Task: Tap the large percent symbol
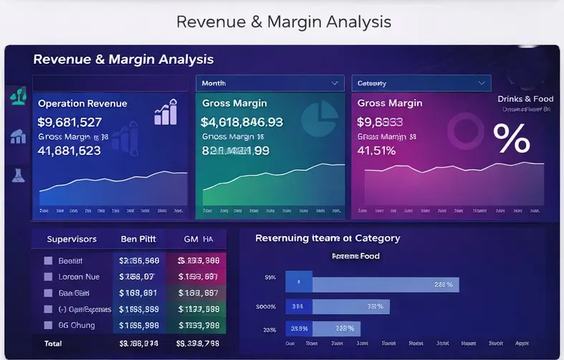[512, 138]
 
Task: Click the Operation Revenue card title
[82, 103]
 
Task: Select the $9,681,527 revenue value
[70, 122]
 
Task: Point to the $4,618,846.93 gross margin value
[242, 122]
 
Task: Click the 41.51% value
[376, 151]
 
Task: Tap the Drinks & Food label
[525, 99]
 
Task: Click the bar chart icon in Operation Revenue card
[166, 113]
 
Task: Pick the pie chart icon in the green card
[320, 118]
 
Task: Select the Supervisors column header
[72, 239]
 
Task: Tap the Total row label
[53, 344]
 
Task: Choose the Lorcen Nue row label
[80, 277]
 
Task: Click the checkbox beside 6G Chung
[49, 326]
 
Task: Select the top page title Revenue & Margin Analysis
[284, 22]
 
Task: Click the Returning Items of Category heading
[328, 238]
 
